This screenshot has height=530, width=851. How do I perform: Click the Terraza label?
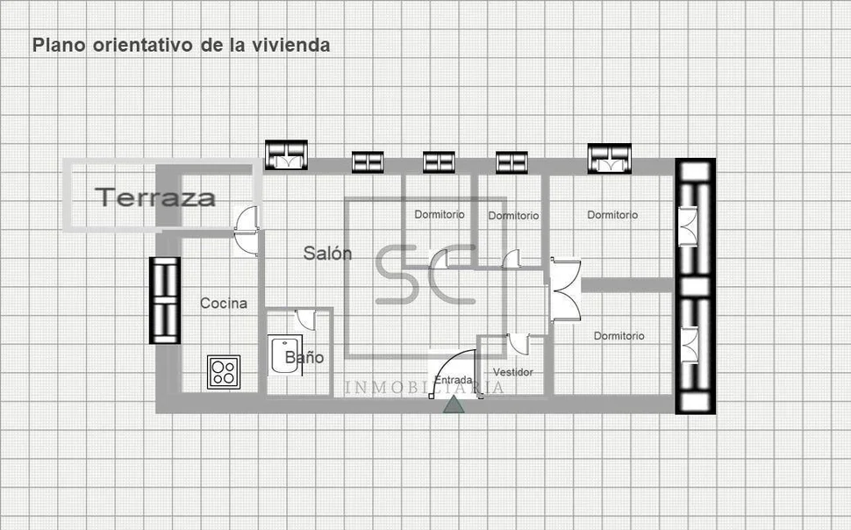click(x=155, y=197)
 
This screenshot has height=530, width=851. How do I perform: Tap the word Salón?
click(x=328, y=254)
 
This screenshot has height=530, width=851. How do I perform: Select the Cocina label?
click(x=224, y=304)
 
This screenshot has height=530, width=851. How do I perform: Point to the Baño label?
click(x=304, y=358)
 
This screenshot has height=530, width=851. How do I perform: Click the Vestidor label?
click(x=513, y=372)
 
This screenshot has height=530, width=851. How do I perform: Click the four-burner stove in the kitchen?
click(x=224, y=372)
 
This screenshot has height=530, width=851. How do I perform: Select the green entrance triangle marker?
click(x=454, y=405)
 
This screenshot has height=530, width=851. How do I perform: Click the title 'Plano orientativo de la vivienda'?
click(x=182, y=45)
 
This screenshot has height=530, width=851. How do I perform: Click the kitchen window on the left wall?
click(x=165, y=300)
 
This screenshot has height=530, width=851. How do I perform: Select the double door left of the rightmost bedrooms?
click(x=562, y=290)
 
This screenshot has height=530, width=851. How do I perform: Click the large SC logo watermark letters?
click(x=425, y=274)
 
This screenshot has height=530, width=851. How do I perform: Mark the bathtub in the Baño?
click(x=282, y=356)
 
